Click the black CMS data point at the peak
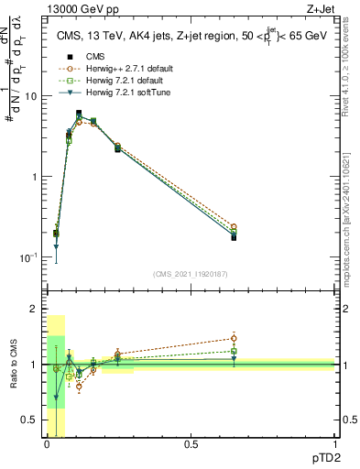pyautogui.click(x=79, y=114)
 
